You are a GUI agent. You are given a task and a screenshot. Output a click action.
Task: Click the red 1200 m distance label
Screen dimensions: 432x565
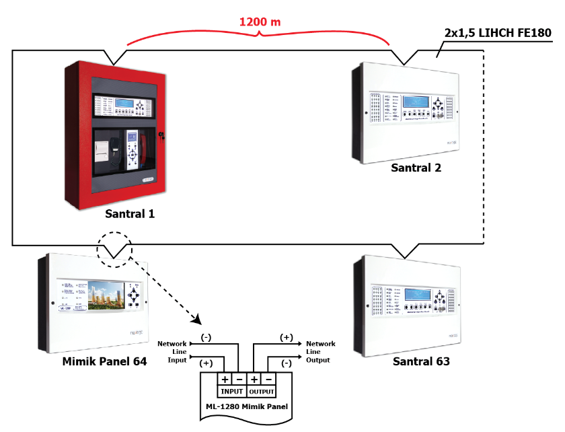261,22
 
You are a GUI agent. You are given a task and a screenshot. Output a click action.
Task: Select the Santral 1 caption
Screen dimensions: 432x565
130,214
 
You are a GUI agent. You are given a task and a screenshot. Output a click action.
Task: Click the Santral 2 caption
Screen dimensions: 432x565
416,168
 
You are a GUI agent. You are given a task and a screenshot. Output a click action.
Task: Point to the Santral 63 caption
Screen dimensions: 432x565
421,362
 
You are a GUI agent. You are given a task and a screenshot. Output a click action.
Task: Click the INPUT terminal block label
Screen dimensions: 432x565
231,390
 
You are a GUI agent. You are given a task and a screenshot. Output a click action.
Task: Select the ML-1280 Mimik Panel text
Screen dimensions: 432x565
248,407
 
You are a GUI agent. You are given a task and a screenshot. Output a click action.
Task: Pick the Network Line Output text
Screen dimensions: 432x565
321,352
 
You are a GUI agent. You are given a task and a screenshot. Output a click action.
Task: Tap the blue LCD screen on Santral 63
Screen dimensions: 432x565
416,296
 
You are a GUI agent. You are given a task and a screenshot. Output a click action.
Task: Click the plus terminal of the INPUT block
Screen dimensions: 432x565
225,379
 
